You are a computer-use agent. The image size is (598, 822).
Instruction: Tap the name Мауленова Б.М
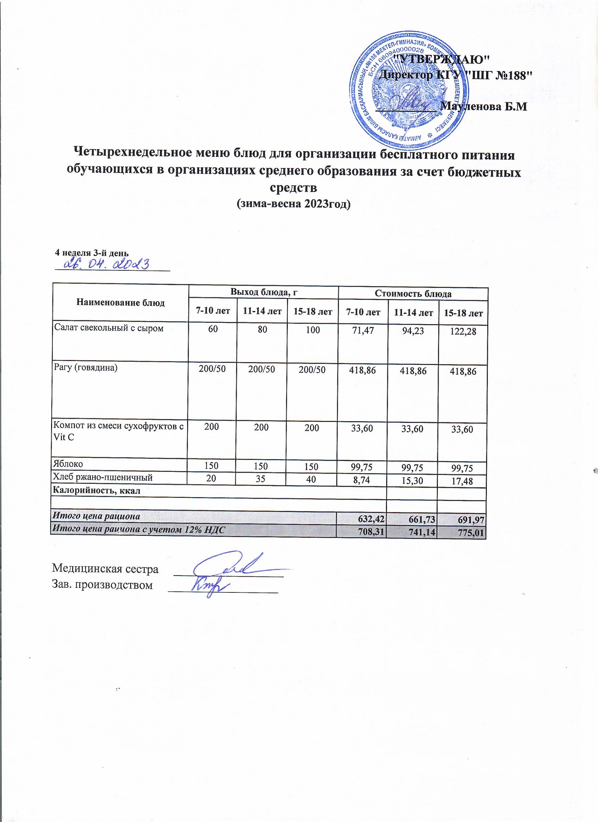click(x=483, y=107)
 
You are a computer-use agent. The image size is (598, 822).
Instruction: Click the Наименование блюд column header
click(x=120, y=303)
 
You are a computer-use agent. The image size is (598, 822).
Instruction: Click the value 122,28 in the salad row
click(x=462, y=333)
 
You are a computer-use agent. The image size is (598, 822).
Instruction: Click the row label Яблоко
click(x=68, y=464)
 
